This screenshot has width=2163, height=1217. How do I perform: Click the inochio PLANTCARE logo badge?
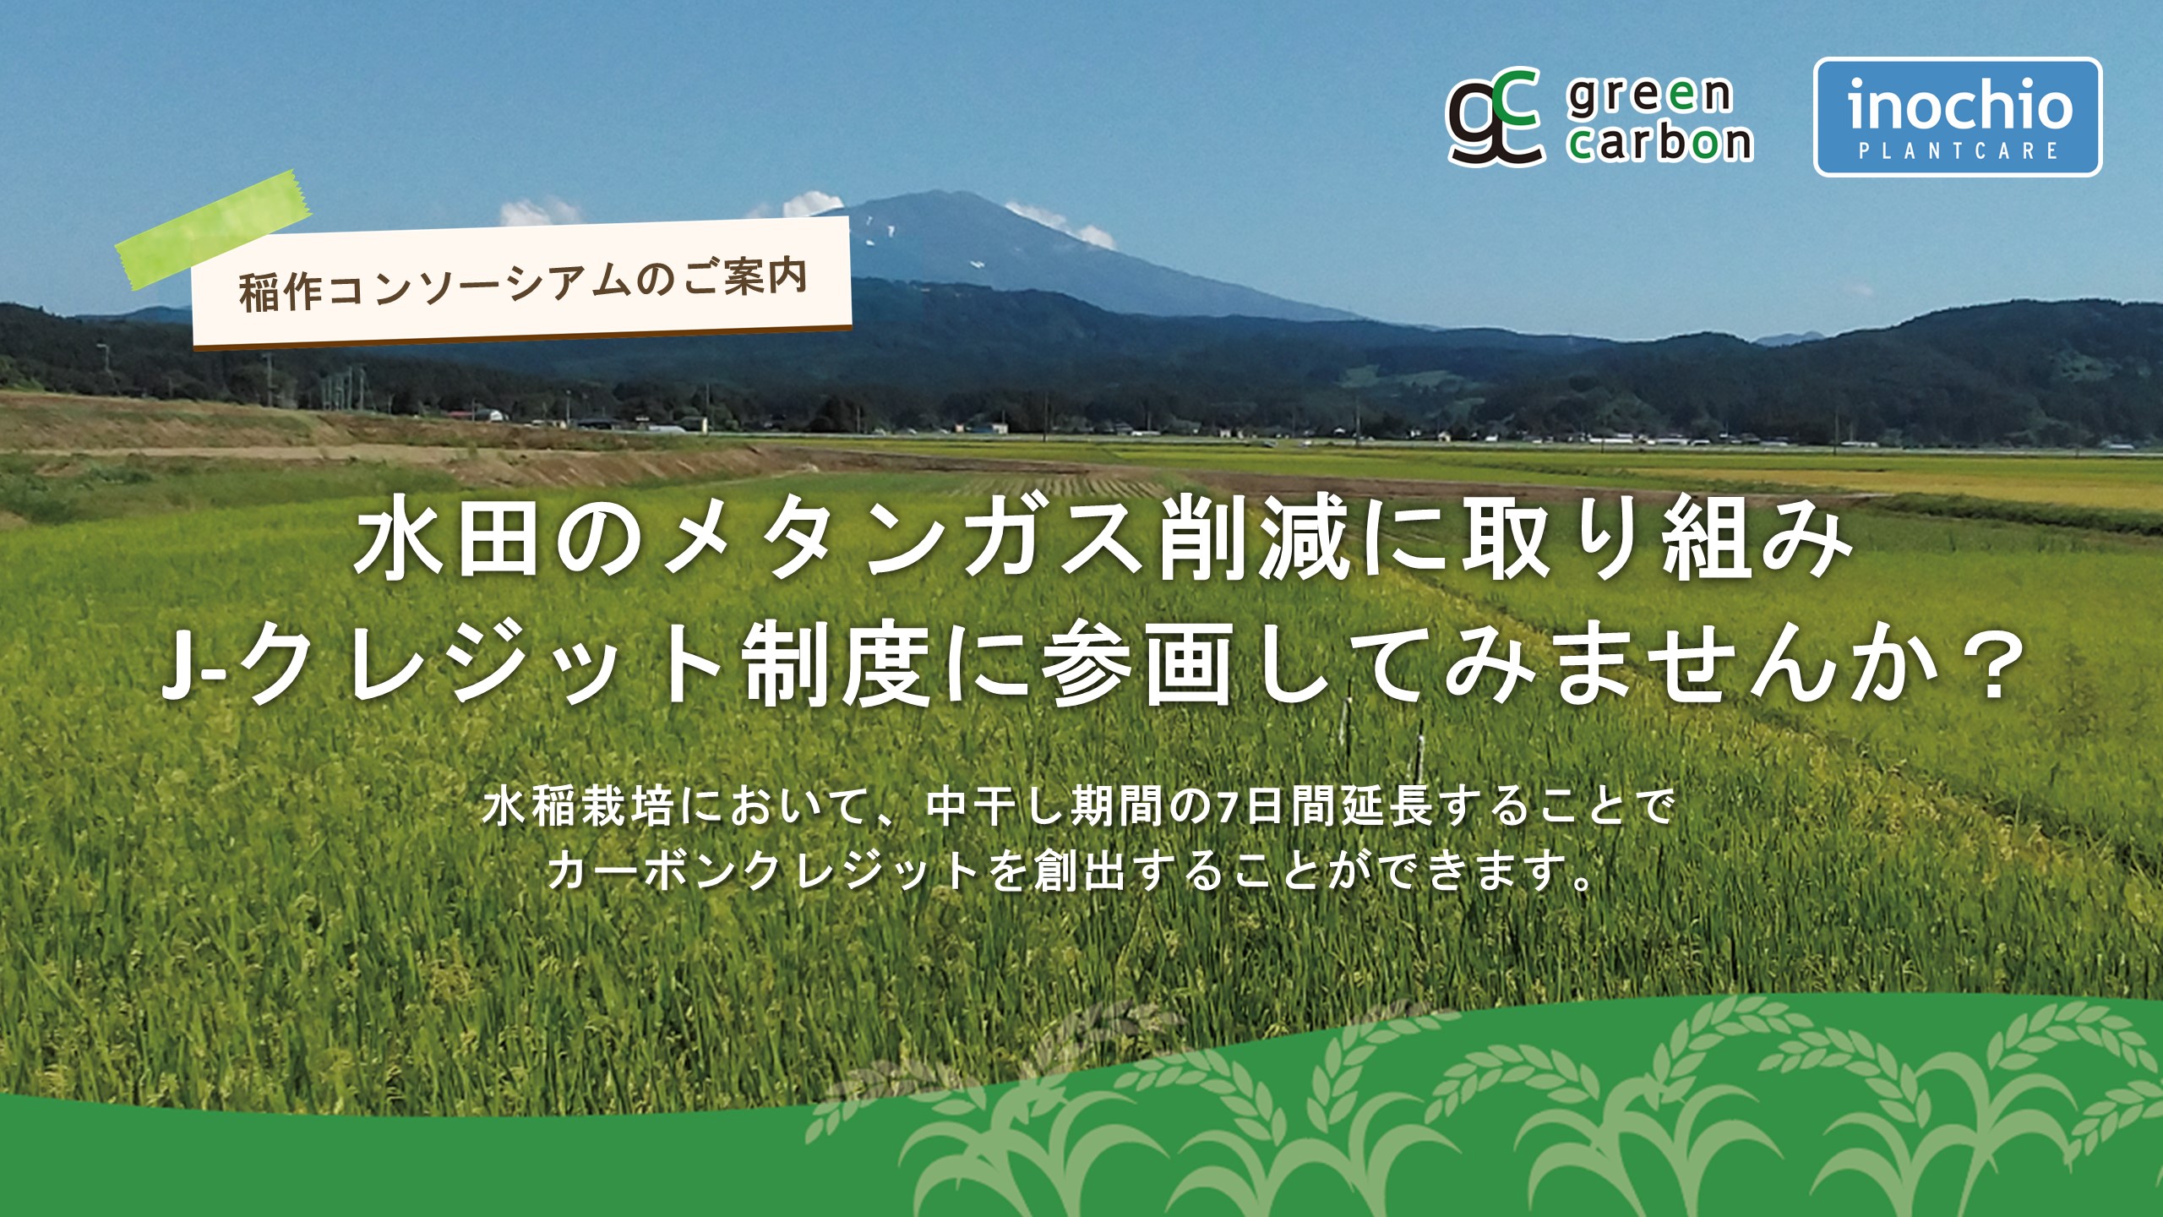[1958, 117]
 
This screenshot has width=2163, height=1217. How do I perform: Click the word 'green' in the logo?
[1648, 95]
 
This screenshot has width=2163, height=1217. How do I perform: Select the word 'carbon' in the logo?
[1660, 140]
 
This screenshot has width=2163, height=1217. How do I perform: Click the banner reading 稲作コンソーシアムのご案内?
[521, 282]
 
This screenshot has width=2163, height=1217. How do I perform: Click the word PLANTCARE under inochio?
[1958, 151]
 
